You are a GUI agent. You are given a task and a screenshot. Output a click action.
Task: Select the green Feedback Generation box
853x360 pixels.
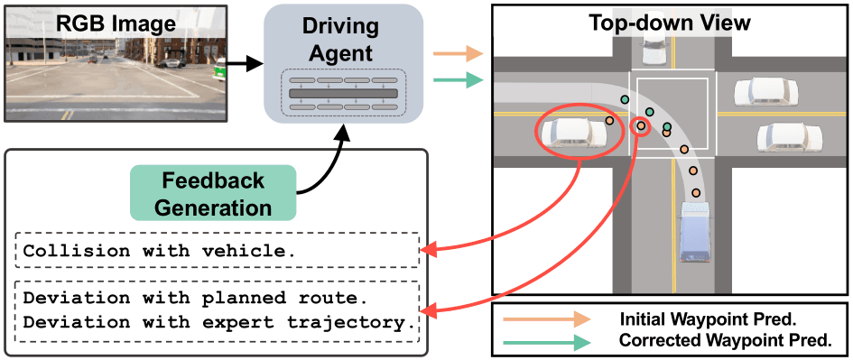click(x=213, y=193)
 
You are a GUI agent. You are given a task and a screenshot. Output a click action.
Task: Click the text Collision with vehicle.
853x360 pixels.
click(x=160, y=251)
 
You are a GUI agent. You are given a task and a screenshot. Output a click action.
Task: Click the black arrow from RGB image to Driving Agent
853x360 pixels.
click(x=242, y=64)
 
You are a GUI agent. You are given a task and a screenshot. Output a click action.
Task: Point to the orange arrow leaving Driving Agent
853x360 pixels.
click(x=458, y=54)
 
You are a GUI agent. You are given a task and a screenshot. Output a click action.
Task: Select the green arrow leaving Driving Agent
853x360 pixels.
click(x=458, y=81)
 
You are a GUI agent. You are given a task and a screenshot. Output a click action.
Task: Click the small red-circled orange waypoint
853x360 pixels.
click(x=641, y=126)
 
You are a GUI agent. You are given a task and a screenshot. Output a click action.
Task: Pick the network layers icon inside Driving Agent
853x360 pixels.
click(x=343, y=93)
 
